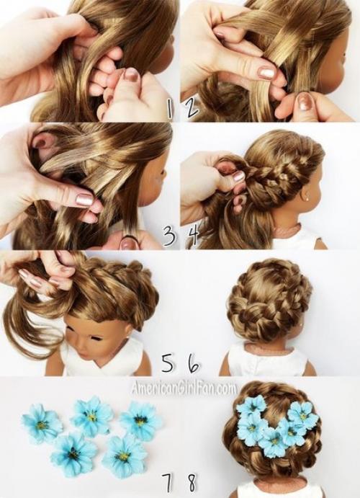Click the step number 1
pyautogui.click(x=170, y=109)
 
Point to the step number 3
pyautogui.click(x=168, y=236)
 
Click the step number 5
pyautogui.click(x=168, y=363)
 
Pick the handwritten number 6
pyautogui.click(x=194, y=363)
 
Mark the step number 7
pyautogui.click(x=168, y=484)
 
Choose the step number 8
pyautogui.click(x=192, y=484)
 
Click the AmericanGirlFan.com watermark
pyautogui.click(x=184, y=388)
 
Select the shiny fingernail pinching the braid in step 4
pyautogui.click(x=238, y=176)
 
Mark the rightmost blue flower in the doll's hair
pyautogui.click(x=302, y=414)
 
